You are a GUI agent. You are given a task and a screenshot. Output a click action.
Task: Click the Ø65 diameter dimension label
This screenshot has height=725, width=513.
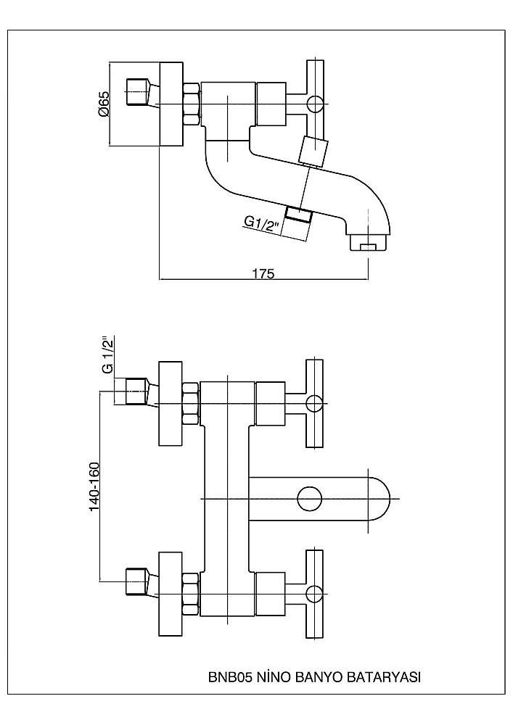coord(103,105)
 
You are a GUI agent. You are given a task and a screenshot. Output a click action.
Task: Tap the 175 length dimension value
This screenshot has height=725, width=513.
coord(263,273)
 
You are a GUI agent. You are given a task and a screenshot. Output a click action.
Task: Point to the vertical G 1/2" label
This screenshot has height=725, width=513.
coord(107,355)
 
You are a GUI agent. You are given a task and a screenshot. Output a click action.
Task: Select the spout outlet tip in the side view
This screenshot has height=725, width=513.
coord(369,244)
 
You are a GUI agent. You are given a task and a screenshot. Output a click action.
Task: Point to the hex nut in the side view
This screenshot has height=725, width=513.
coord(191,106)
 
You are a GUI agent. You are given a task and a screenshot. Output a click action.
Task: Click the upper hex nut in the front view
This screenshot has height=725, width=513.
coord(191,403)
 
